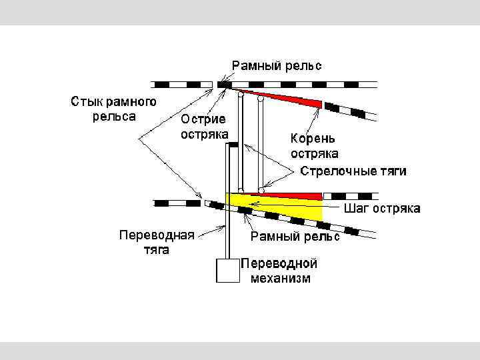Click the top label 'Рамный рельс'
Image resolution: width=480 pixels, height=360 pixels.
click(277, 65)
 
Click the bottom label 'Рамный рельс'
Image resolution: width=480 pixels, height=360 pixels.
click(295, 236)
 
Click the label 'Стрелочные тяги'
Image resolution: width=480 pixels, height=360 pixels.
click(353, 171)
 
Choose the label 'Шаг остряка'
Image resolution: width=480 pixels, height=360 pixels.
click(382, 209)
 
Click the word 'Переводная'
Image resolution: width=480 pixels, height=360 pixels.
click(157, 235)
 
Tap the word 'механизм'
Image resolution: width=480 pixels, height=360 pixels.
click(281, 278)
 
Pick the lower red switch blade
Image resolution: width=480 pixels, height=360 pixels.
click(293, 195)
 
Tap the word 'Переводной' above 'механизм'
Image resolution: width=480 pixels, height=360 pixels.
click(280, 263)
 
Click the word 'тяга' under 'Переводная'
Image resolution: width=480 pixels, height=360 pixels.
click(157, 250)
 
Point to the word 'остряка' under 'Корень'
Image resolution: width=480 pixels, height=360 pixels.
click(314, 154)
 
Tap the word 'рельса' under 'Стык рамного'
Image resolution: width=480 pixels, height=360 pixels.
click(113, 116)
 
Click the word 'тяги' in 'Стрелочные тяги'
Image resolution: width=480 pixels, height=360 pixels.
click(391, 171)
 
